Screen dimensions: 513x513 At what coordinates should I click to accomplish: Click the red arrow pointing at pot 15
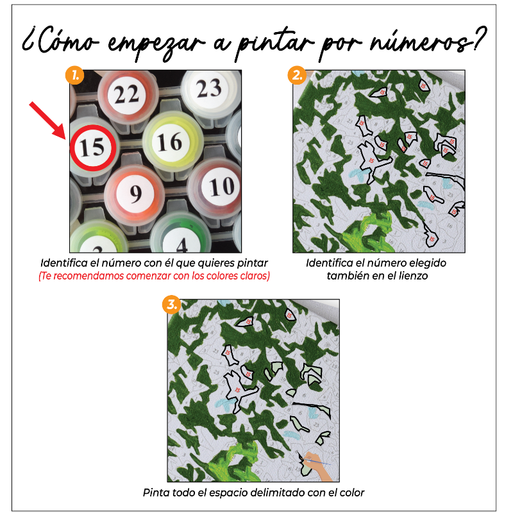coord(49,119)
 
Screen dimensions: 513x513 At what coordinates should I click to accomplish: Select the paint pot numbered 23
coord(208,89)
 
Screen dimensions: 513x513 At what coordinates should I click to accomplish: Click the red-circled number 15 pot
coord(92,147)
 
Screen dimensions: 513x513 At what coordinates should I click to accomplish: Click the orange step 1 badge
coord(74,75)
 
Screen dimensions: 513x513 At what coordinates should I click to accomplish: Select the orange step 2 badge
coord(296,75)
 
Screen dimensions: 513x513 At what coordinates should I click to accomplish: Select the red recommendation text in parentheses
coord(154,276)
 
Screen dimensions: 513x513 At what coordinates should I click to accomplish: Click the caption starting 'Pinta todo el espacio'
coord(253,493)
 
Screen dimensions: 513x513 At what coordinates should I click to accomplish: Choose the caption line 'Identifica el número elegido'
coord(376,263)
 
